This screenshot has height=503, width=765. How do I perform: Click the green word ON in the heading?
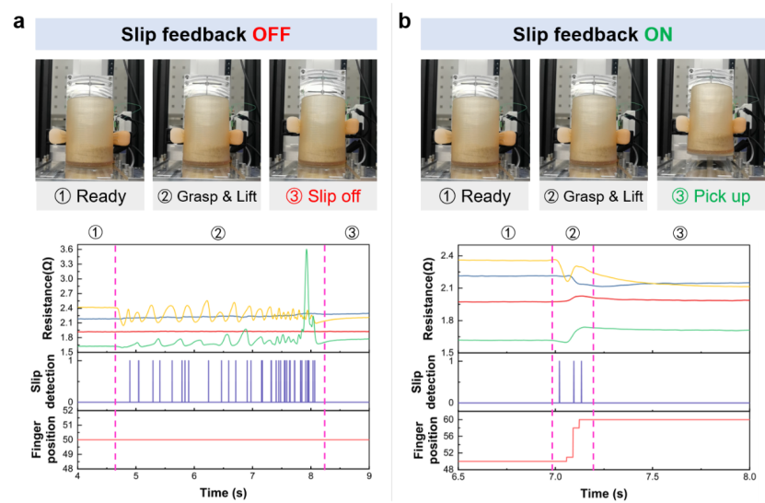click(x=658, y=35)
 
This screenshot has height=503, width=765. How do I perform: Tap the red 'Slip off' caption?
click(x=321, y=196)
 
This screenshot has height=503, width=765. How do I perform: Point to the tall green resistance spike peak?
click(x=307, y=250)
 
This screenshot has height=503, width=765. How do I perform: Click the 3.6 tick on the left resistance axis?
click(x=66, y=249)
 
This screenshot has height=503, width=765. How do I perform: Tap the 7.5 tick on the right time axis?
click(x=653, y=477)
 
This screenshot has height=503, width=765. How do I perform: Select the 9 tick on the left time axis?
click(x=369, y=478)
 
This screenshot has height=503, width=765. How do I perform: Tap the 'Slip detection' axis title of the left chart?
click(x=41, y=380)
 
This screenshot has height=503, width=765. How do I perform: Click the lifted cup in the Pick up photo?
click(x=709, y=118)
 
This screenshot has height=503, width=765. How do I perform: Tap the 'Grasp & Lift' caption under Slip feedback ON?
click(x=589, y=196)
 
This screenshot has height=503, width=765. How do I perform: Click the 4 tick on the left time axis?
click(x=77, y=478)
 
